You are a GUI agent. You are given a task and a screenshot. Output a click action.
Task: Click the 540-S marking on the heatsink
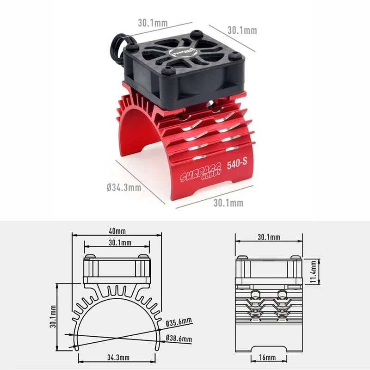(237, 164)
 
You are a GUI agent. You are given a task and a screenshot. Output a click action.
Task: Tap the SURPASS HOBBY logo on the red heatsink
(201, 173)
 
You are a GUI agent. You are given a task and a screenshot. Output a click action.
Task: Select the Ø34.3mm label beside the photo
(124, 188)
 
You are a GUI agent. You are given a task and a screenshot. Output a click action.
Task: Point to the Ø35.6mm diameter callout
(179, 321)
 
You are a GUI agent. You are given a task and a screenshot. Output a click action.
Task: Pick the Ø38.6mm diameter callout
(179, 339)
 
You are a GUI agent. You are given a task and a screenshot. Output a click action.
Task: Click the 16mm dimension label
(267, 358)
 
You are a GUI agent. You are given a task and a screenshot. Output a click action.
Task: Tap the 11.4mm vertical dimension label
(313, 271)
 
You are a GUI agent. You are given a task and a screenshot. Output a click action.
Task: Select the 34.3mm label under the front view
(118, 358)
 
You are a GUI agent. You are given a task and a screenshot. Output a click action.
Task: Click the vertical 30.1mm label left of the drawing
(53, 316)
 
